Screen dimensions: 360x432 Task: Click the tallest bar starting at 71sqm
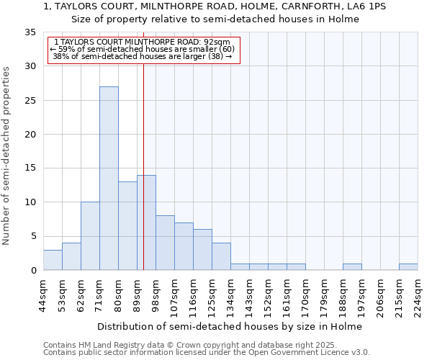(x=109, y=179)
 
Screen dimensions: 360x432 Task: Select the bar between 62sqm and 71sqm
(x=90, y=236)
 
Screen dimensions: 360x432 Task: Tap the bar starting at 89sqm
(x=146, y=222)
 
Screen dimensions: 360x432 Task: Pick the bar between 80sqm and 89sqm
(x=127, y=226)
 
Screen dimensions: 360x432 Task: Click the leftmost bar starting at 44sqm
(x=53, y=260)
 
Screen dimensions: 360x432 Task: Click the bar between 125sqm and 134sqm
(x=221, y=256)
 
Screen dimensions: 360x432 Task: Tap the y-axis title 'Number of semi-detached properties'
(x=6, y=156)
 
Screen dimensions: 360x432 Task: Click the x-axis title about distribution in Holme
(x=230, y=326)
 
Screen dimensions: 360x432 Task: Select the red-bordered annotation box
(x=143, y=50)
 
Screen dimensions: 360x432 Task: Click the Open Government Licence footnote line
(x=207, y=353)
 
